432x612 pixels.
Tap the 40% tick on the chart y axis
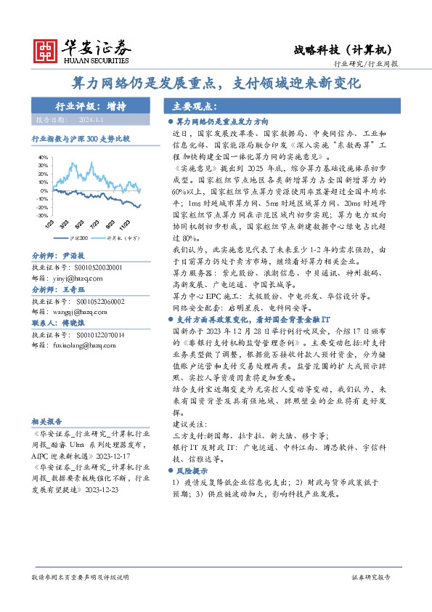click(43, 156)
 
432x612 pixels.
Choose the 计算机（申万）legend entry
click(121, 238)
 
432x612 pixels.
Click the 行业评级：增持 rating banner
click(91, 105)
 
